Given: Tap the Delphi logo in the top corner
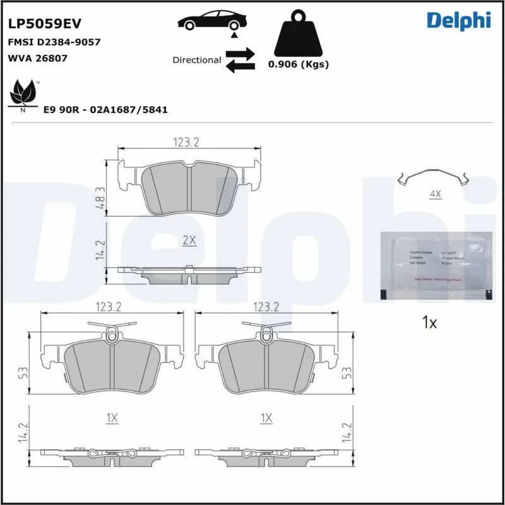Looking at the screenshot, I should coord(458,20).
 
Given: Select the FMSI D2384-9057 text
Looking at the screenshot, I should coord(54,42).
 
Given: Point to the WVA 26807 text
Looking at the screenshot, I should coord(37,58).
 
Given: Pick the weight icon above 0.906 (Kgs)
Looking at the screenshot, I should coord(299,33).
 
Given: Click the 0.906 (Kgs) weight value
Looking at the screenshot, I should coord(299,64).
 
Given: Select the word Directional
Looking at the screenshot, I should coord(196,60).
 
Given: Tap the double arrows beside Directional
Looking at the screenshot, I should coord(240,60).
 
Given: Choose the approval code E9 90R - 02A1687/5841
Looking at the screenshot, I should coord(105,109).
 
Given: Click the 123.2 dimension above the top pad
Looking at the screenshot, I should coord(186,143).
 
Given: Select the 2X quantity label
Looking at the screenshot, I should coord(189,241).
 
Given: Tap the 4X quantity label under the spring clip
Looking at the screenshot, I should coord(435,194).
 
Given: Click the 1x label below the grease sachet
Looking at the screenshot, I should coord(429,323).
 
